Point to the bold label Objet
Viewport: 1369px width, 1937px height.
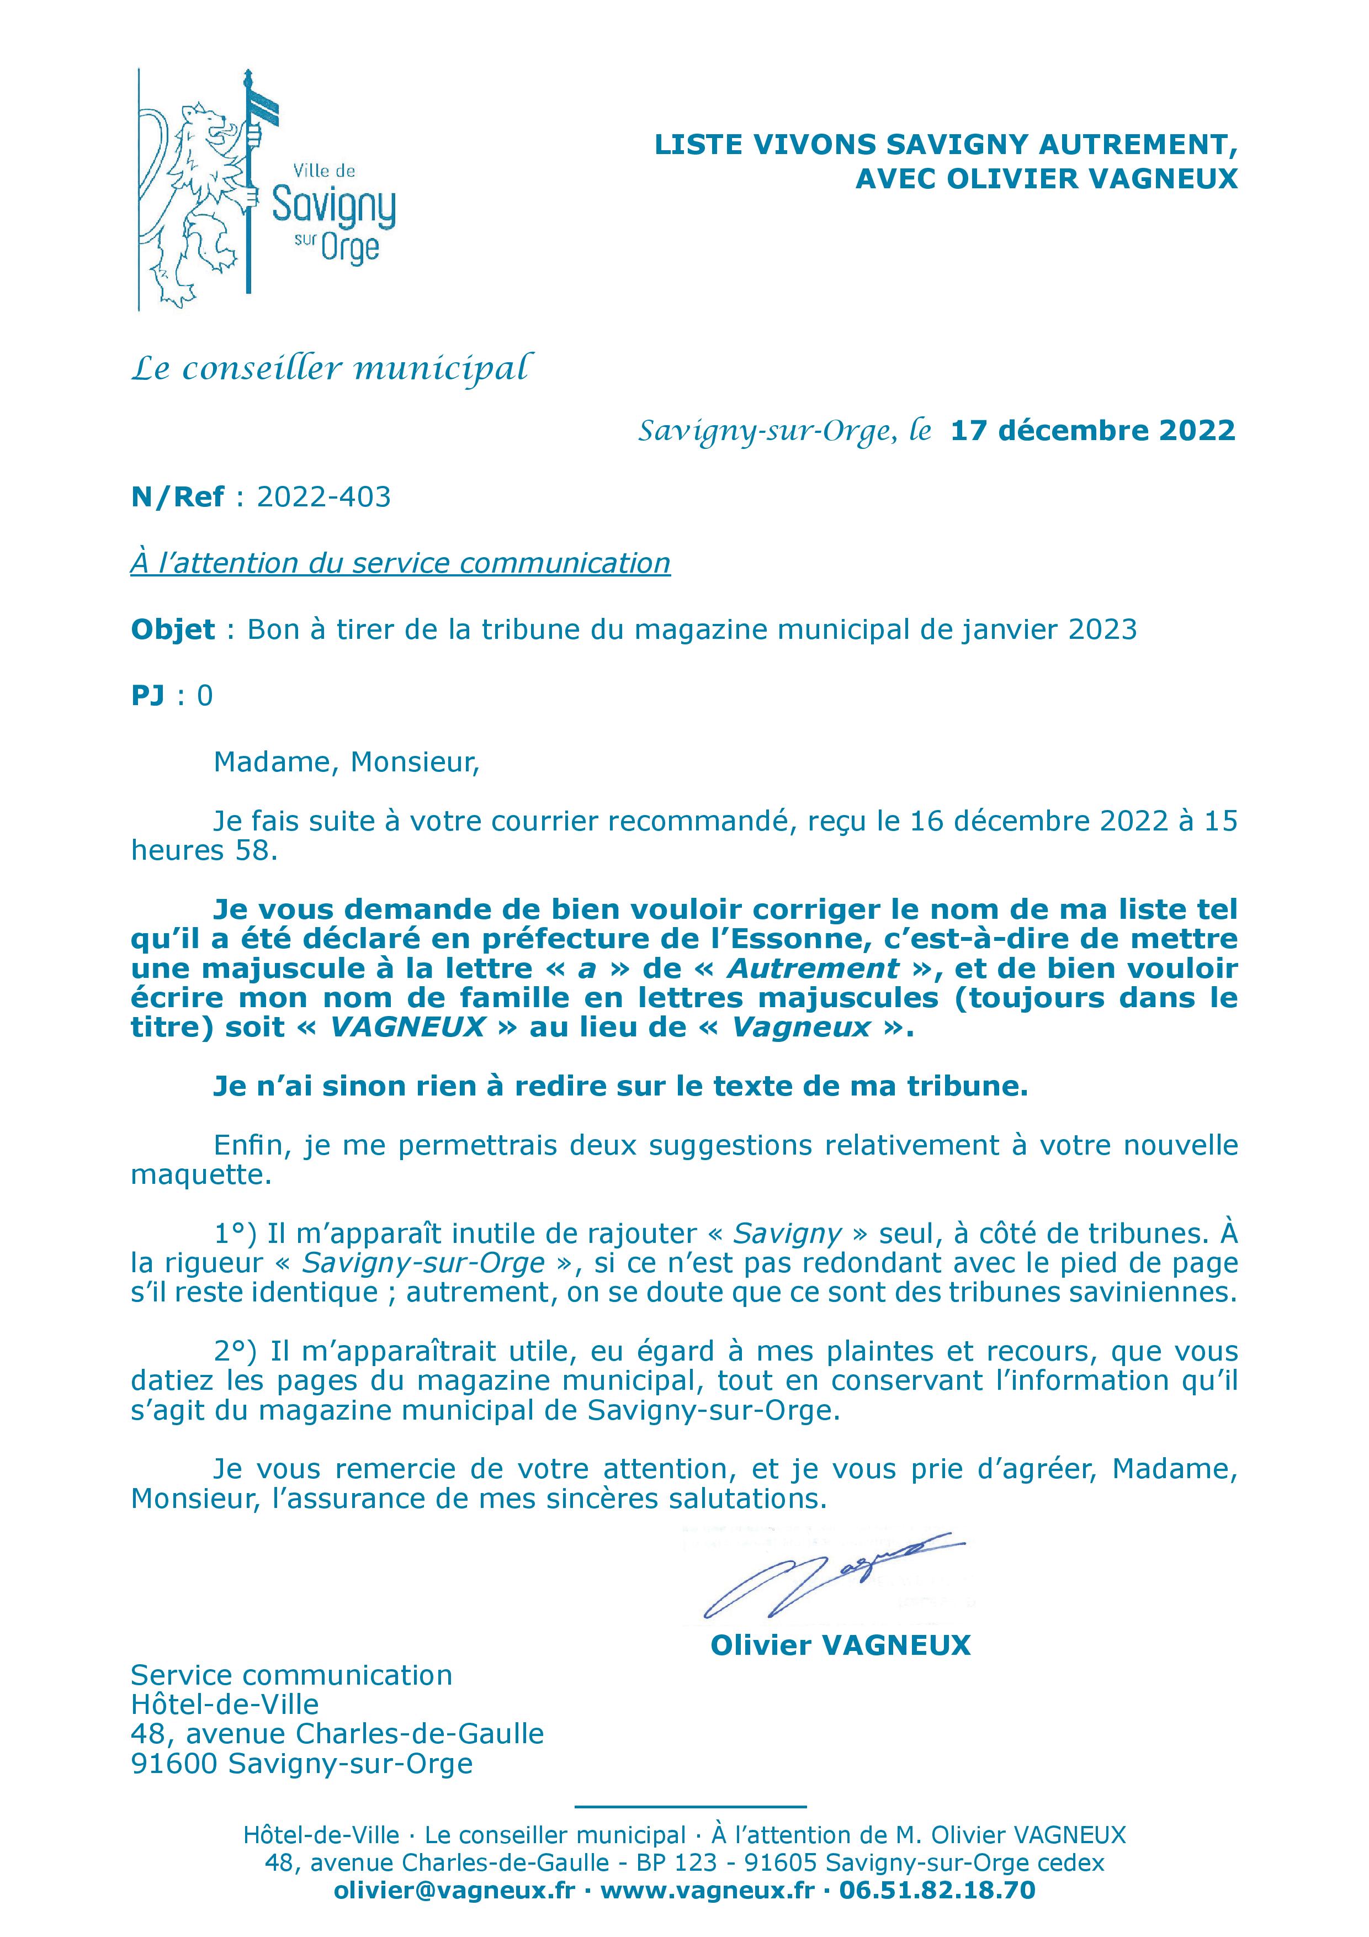point(173,630)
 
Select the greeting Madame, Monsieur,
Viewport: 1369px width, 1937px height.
point(346,762)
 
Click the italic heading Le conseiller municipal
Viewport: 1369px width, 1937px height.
point(332,369)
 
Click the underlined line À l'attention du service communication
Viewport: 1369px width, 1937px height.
point(400,564)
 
